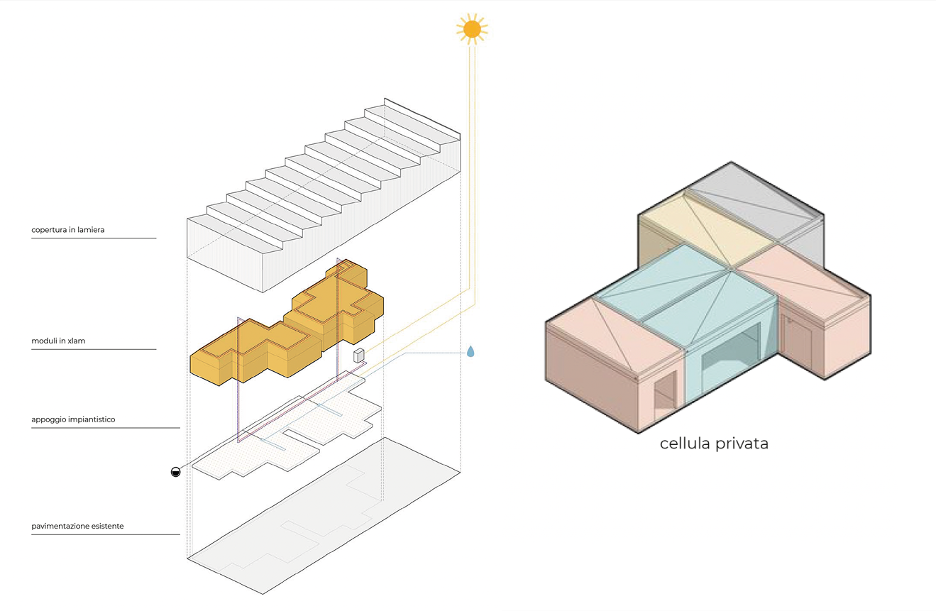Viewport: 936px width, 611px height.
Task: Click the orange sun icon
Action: pos(471,29)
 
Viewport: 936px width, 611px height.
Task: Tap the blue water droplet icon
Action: pos(470,351)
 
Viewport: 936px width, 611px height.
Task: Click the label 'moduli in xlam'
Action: pos(59,341)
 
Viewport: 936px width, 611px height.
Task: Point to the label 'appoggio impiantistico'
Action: pos(73,419)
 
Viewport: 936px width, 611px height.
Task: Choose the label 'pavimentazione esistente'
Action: pos(77,527)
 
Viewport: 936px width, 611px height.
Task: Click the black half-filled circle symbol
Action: pos(176,472)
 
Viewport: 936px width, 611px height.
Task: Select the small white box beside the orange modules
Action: pos(359,355)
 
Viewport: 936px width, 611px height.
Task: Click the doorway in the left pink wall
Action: pos(664,394)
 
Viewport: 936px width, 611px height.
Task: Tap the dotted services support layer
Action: pos(284,440)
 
